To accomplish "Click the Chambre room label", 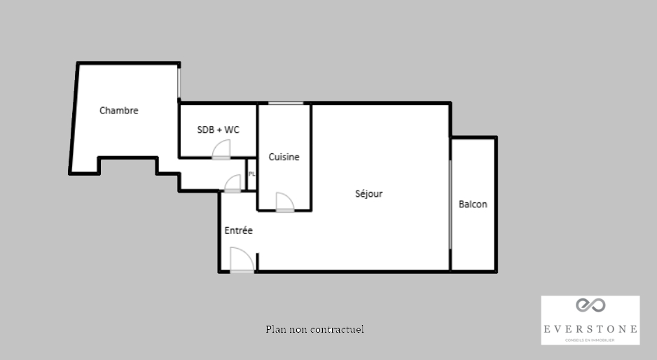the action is coord(118,110).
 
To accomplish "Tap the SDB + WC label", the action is coord(219,130).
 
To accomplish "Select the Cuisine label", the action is coord(284,157).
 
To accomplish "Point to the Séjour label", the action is coord(368,193).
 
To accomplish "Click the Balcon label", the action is coord(473,204).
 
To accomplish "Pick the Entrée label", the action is coord(238,230).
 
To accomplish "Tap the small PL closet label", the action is coord(252,174).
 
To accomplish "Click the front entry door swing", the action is coord(242,261).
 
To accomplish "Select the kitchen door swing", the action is coord(285,202).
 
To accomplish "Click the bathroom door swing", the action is coord(221,150).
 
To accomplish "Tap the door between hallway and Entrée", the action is coord(233,184).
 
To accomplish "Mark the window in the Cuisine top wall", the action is coord(286,103).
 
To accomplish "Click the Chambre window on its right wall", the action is coord(179,83).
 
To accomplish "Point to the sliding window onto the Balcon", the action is coord(450,205).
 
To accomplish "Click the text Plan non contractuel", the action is coord(314,329).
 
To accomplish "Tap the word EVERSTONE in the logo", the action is coord(590,329).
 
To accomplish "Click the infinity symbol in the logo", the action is coord(590,305).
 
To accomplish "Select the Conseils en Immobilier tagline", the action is coord(590,340).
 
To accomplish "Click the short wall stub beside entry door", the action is coord(257,261).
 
